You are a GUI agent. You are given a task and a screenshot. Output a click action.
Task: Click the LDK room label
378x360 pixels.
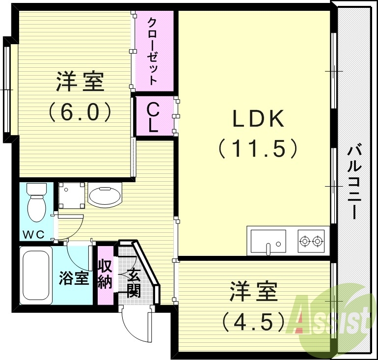point(258,119)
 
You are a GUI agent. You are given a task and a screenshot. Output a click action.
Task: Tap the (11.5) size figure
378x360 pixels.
point(258,148)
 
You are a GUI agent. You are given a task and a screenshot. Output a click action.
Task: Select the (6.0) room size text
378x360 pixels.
point(80,112)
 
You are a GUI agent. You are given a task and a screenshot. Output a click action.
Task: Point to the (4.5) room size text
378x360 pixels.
point(253,322)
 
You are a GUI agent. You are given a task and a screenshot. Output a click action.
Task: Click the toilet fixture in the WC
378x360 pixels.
point(35,204)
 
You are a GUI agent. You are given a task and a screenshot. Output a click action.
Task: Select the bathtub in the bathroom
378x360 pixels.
point(36,277)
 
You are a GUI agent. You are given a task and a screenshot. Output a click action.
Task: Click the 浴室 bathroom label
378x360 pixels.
point(74,277)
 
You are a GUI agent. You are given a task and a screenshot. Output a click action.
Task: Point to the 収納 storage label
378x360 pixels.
point(105,275)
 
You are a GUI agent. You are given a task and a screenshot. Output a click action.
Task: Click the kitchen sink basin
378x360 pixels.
point(268,241)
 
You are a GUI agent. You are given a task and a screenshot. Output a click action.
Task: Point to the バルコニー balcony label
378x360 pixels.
point(355,182)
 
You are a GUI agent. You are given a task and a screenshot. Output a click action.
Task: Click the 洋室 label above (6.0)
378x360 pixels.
point(80,82)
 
